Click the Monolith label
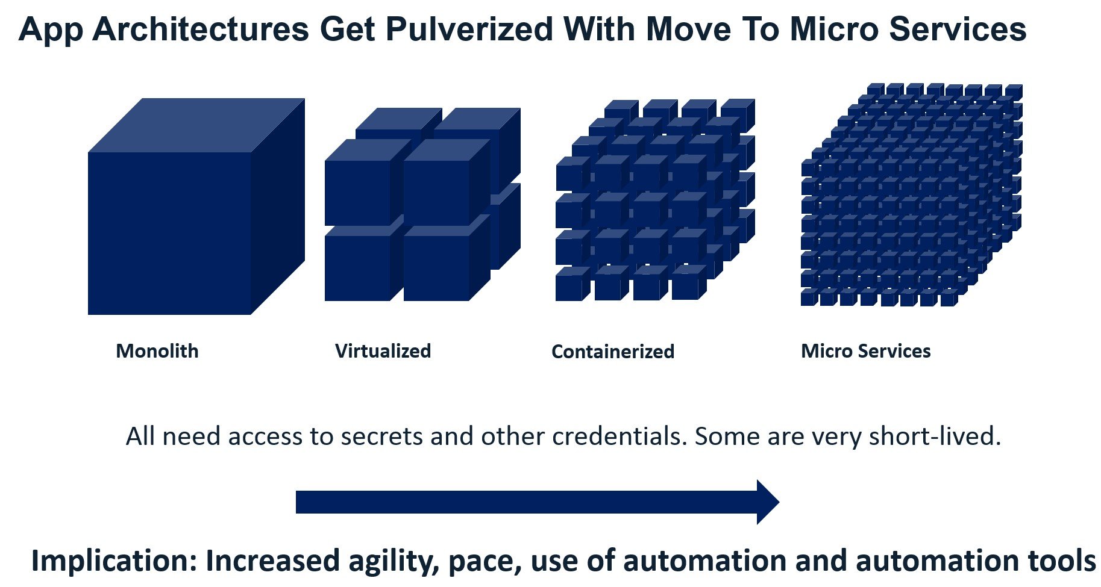coord(157,351)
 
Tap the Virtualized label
coord(383,351)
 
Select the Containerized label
coord(613,352)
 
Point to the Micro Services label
coord(866,351)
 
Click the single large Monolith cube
coord(196,207)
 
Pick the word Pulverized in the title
coord(469,29)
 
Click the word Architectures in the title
coord(201,29)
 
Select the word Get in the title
coord(348,29)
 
